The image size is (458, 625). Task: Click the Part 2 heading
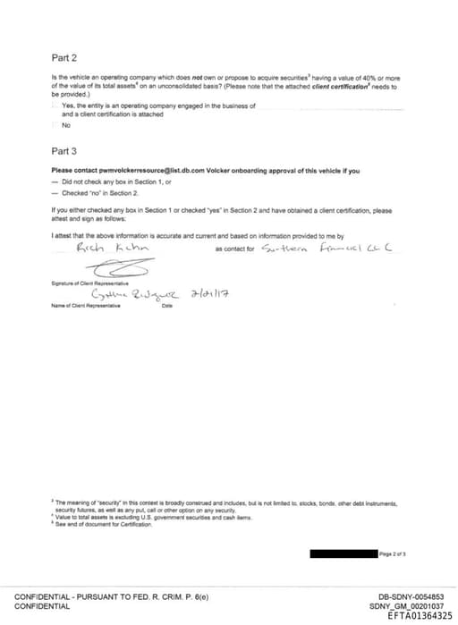point(64,57)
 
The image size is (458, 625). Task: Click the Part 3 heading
point(64,151)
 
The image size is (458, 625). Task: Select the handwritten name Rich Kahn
point(112,249)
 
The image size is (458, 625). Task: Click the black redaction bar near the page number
point(343,554)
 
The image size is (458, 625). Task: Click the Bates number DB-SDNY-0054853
point(411,596)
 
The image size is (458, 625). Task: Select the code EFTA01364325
point(420,615)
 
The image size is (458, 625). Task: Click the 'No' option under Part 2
point(66,125)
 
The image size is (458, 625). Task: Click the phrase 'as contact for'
point(235,249)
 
